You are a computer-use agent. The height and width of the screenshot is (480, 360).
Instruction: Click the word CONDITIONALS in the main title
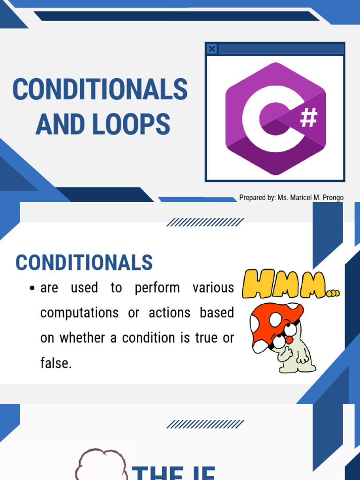(x=100, y=90)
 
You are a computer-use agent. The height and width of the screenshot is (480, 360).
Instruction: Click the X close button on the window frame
(x=212, y=49)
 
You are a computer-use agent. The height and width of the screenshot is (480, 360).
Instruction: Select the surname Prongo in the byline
(x=330, y=197)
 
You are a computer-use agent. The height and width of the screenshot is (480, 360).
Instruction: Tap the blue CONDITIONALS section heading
(x=84, y=262)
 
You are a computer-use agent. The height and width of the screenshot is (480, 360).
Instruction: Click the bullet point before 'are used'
(x=32, y=288)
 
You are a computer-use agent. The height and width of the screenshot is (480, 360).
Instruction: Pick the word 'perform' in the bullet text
(x=157, y=288)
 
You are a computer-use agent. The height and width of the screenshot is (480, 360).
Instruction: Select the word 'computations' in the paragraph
(x=79, y=313)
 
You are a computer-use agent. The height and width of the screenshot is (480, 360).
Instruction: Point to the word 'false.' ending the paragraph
(x=56, y=363)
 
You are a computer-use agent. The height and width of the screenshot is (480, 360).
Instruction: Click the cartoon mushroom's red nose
(x=289, y=339)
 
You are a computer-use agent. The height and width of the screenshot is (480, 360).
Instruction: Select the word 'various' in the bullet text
(x=213, y=288)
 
